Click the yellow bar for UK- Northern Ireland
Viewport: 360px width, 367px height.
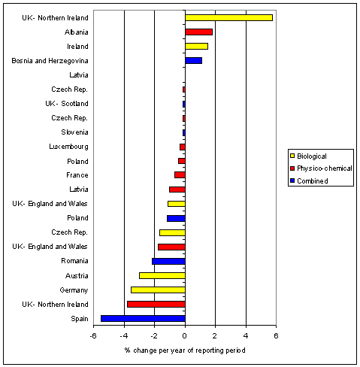pyautogui.click(x=228, y=18)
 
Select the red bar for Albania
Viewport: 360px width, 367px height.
pyautogui.click(x=198, y=32)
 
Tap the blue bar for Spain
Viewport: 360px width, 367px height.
pyautogui.click(x=143, y=319)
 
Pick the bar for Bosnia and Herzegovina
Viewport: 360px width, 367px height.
pyautogui.click(x=193, y=61)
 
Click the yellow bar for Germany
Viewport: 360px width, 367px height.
pyautogui.click(x=158, y=290)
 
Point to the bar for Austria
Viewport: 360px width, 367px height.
pyautogui.click(x=162, y=276)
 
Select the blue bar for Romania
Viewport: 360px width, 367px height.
pyautogui.click(x=168, y=262)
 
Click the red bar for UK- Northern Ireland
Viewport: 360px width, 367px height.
pyautogui.click(x=156, y=305)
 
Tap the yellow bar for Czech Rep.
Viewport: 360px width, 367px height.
pyautogui.click(x=172, y=232)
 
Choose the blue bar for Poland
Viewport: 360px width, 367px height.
pyautogui.click(x=176, y=218)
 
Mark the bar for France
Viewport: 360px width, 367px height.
pyautogui.click(x=180, y=175)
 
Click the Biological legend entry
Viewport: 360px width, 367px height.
pyautogui.click(x=308, y=156)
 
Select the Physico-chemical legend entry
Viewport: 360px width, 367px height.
pyautogui.click(x=321, y=168)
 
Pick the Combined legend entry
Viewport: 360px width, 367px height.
pyautogui.click(x=309, y=180)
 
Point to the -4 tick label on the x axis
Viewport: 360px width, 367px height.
pyautogui.click(x=124, y=335)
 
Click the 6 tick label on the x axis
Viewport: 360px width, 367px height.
pyautogui.click(x=276, y=335)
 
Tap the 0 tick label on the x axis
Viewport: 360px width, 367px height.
pyautogui.click(x=185, y=335)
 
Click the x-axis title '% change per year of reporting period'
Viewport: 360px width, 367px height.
pyautogui.click(x=185, y=350)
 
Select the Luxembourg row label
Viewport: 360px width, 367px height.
pyautogui.click(x=68, y=147)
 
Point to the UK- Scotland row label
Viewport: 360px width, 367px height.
pyautogui.click(x=67, y=104)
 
